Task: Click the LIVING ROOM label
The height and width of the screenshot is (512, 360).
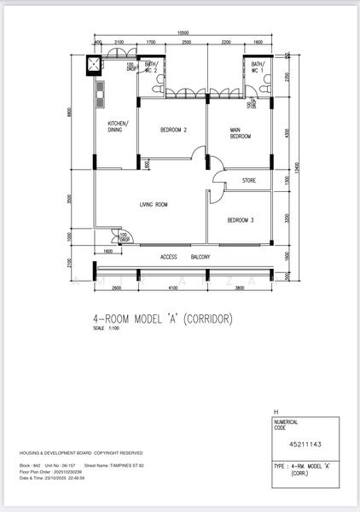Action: tap(154, 205)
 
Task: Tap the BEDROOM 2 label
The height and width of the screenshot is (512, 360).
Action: tap(173, 131)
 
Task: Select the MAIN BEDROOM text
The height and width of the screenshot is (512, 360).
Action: tap(240, 133)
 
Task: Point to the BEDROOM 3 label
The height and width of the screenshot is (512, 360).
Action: tap(240, 220)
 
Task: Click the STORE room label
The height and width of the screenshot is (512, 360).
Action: tap(248, 181)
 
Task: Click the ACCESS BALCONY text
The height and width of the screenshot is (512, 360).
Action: tap(185, 256)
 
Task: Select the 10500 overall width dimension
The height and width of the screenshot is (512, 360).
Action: tap(183, 33)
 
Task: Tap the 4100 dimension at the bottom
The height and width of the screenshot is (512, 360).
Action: tap(171, 288)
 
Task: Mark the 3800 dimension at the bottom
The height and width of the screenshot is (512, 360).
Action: tap(239, 288)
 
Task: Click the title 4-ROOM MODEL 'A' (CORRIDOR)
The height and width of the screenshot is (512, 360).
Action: tap(162, 319)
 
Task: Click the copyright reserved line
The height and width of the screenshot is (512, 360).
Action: tap(81, 452)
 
